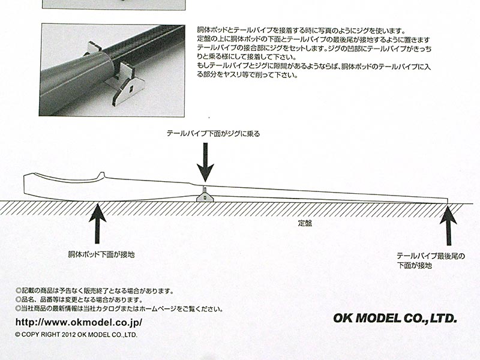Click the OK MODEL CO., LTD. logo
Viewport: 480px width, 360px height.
pos(395,318)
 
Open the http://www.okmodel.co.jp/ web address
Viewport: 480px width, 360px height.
pos(79,322)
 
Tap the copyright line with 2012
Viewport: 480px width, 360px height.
pos(76,335)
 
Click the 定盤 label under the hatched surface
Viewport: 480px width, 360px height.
pos(305,223)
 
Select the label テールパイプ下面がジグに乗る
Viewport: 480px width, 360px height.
pos(213,133)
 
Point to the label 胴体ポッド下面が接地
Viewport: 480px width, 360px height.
pos(101,254)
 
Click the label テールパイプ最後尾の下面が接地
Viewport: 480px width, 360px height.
pos(430,260)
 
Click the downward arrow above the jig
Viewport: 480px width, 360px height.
pos(205,162)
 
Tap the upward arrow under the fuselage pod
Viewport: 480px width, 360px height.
pos(97,223)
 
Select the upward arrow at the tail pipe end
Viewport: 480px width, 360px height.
pos(448,226)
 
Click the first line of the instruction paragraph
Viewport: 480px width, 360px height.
pos(301,31)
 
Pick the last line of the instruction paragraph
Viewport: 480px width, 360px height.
pos(247,74)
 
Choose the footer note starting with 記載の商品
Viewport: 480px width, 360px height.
pos(95,291)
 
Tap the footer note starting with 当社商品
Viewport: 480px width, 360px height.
pos(119,308)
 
